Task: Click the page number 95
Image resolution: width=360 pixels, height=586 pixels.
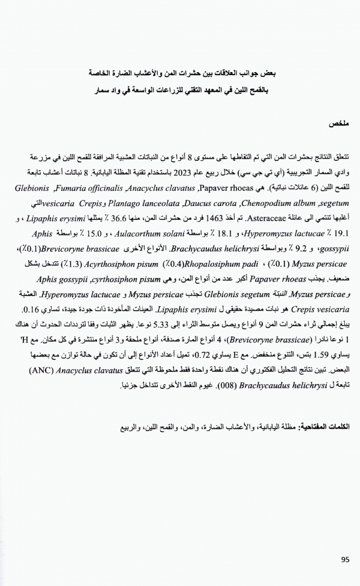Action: [345, 559]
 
